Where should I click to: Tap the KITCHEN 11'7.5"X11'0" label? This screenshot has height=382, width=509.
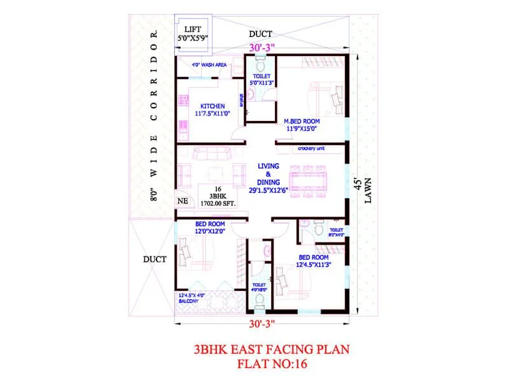pos(212,110)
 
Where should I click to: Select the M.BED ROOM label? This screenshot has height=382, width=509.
pos(303,124)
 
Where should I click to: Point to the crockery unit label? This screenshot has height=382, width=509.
pos(312,149)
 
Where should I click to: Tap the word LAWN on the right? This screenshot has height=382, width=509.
pos(367,190)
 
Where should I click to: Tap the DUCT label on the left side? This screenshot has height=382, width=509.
pos(155,259)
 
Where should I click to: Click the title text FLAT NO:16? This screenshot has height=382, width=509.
pos(270,365)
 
